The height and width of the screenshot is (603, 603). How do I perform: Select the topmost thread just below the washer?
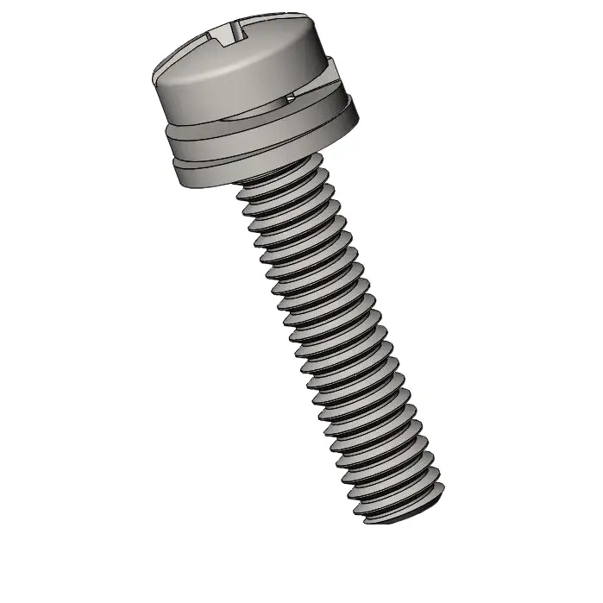(x=285, y=181)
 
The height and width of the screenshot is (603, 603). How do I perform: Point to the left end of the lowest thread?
(x=366, y=520)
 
